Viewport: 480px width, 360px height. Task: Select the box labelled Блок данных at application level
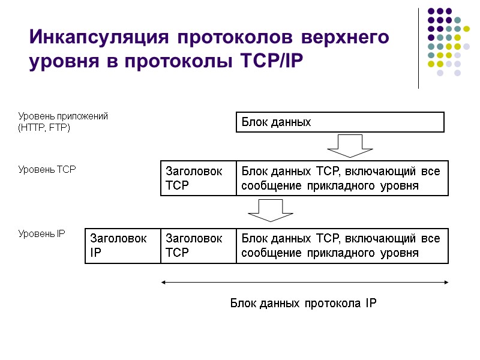[x=339, y=122]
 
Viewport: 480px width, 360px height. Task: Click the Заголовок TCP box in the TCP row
[x=198, y=178]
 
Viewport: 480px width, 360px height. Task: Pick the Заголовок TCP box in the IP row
[x=198, y=245]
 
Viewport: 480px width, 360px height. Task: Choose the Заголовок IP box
[x=122, y=245]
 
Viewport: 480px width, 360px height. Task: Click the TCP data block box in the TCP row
[x=342, y=178]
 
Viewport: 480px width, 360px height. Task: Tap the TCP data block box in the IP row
[x=342, y=245]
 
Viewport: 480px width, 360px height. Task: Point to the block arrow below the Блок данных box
[x=350, y=145]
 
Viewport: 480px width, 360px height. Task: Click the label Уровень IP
[x=41, y=233]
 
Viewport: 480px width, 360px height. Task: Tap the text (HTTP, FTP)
[x=44, y=128]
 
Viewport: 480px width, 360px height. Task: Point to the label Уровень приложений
[x=63, y=116]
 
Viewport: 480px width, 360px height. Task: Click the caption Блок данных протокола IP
[x=304, y=303]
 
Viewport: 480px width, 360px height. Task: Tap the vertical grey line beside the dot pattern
[x=418, y=48]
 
